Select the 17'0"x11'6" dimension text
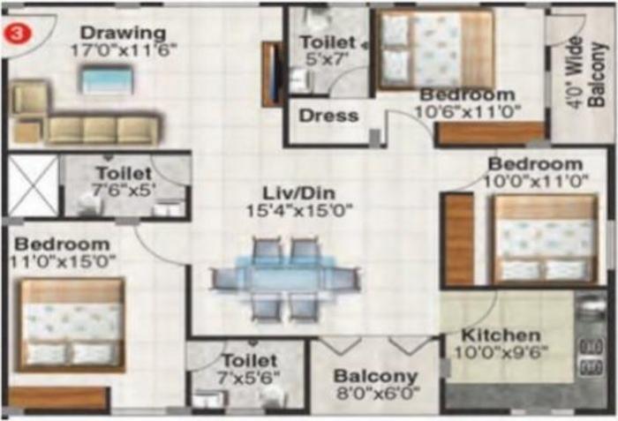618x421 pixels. coord(118,50)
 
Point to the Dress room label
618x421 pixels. coord(328,115)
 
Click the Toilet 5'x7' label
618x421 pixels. coord(328,42)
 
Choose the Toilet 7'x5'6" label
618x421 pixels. coord(249,361)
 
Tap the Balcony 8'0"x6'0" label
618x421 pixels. coord(375,377)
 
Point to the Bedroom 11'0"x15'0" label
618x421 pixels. coord(62,244)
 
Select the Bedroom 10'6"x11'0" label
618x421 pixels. coord(467,94)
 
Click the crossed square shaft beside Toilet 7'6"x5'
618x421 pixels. coord(33,185)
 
